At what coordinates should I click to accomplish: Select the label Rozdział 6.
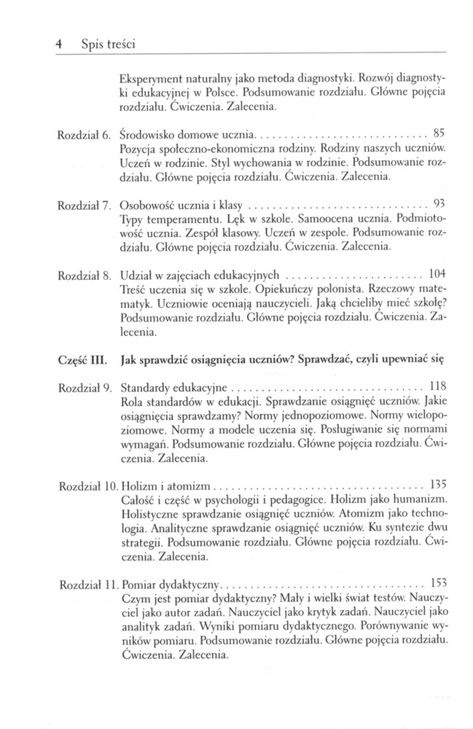pyautogui.click(x=82, y=134)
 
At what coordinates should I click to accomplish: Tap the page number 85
pyautogui.click(x=439, y=133)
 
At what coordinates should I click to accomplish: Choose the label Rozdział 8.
pyautogui.click(x=82, y=276)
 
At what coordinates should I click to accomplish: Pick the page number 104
pyautogui.click(x=437, y=276)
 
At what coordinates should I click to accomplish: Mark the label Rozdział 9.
pyautogui.click(x=82, y=387)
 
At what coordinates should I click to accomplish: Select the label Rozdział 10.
pyautogui.click(x=85, y=485)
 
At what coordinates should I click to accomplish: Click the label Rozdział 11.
pyautogui.click(x=85, y=584)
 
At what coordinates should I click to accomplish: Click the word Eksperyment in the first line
pyautogui.click(x=149, y=75)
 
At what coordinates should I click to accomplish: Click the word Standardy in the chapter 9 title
pyautogui.click(x=144, y=387)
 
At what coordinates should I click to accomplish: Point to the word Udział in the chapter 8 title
pyautogui.click(x=134, y=276)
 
